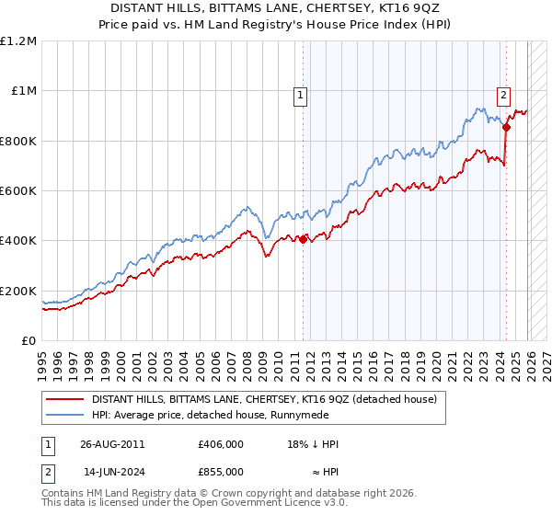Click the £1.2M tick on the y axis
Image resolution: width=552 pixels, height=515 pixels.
point(18,40)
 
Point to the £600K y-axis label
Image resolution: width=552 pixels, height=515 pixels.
point(18,191)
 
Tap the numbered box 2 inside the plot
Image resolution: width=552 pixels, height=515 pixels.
point(504,93)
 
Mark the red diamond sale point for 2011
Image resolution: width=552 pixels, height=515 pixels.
point(304,240)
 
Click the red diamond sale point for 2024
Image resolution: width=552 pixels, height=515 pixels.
point(506,128)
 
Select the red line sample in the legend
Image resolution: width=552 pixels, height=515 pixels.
point(65,399)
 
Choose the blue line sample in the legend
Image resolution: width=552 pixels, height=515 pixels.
point(65,415)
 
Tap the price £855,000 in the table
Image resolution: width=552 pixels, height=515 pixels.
point(221,471)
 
